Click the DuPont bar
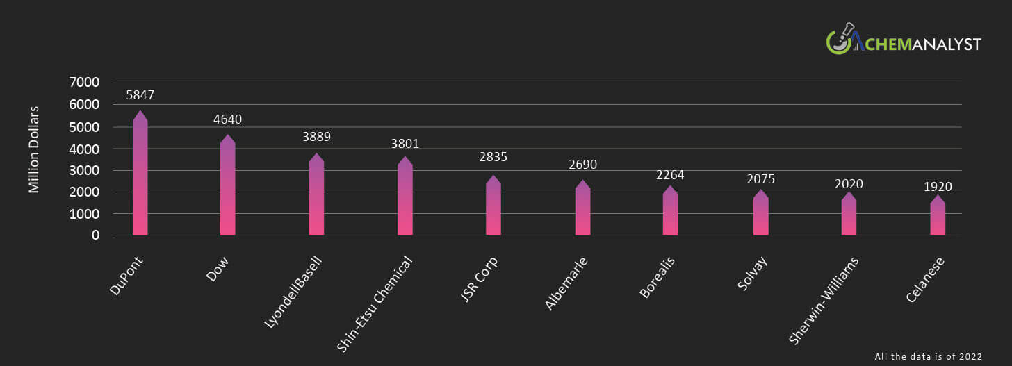(140, 177)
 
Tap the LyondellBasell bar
(316, 198)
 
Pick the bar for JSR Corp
(493, 208)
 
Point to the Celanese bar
(938, 218)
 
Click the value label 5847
(140, 95)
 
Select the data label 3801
(405, 144)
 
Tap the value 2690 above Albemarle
(582, 165)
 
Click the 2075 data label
(760, 179)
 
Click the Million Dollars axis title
(34, 149)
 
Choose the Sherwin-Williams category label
(824, 300)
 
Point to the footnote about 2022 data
(928, 356)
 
